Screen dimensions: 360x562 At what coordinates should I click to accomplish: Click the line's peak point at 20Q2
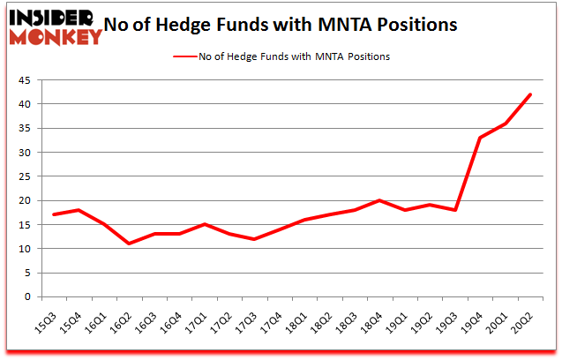tap(530, 94)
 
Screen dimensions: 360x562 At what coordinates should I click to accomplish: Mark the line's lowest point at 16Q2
tap(130, 244)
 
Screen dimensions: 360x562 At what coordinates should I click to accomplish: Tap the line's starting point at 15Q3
tap(55, 214)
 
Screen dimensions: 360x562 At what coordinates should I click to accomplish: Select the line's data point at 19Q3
tap(455, 210)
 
